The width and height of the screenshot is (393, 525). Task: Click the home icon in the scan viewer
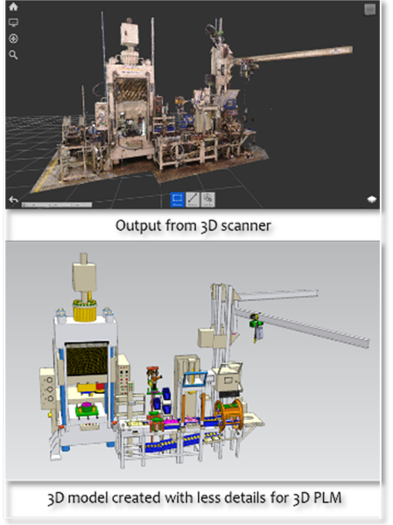[13, 6]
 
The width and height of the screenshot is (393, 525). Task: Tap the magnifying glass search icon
[13, 54]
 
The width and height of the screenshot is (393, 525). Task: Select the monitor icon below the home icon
[13, 23]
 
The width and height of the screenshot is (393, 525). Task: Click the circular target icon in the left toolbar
[13, 38]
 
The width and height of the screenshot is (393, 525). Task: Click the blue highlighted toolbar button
[177, 199]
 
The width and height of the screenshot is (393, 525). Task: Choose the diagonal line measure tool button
[193, 199]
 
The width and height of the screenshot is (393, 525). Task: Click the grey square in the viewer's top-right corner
[370, 10]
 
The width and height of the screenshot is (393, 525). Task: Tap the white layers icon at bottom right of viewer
[372, 199]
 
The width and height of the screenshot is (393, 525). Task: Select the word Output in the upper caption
[133, 226]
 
